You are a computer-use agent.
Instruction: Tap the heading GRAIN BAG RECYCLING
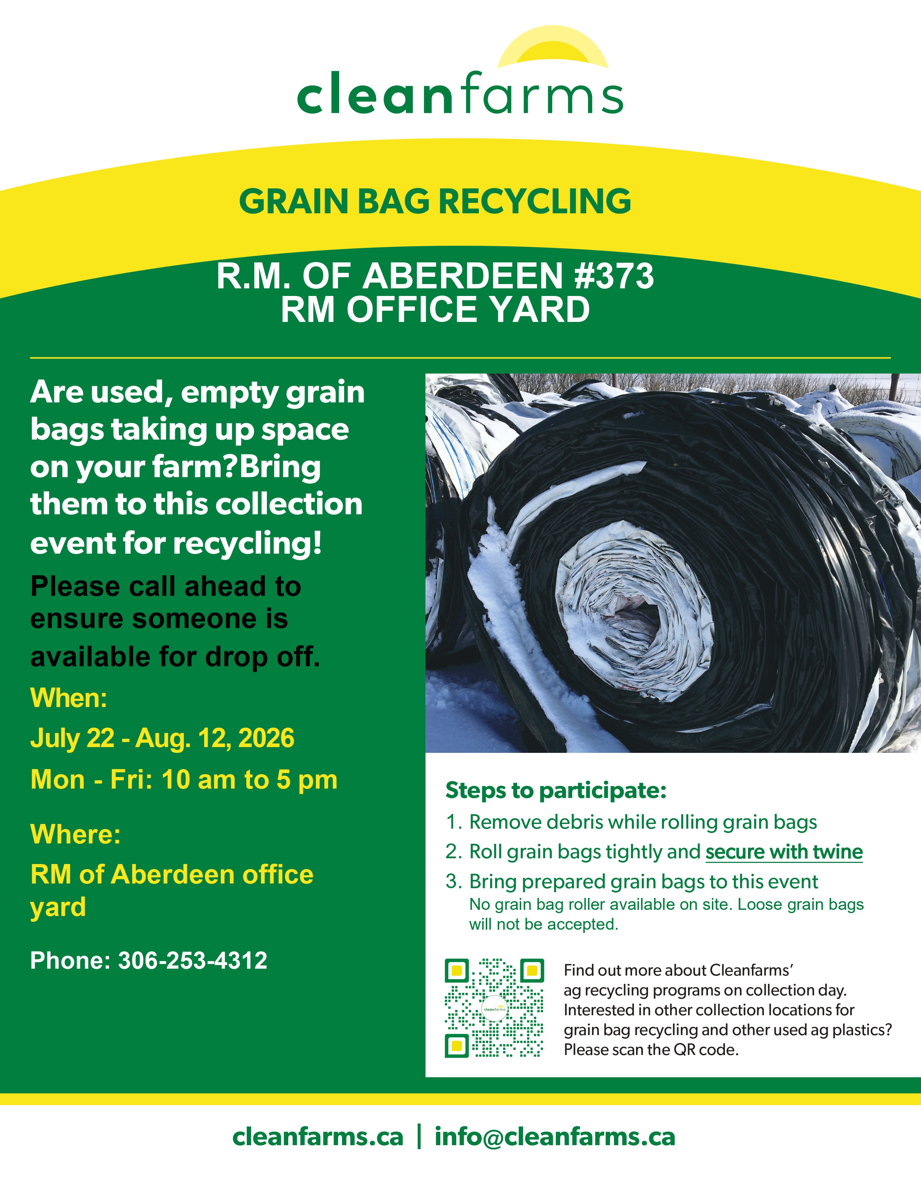(435, 201)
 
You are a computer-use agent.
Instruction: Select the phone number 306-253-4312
(193, 960)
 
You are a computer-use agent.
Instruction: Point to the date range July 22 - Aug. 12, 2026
(162, 738)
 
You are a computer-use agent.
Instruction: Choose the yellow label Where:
(75, 834)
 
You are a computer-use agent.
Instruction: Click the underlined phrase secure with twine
(784, 851)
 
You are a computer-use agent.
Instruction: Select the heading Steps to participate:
(556, 790)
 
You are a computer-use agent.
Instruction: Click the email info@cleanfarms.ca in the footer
(555, 1137)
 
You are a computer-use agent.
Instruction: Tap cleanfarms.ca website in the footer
(317, 1137)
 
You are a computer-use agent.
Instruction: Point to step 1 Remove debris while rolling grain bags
(631, 822)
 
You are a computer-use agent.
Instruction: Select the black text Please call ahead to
(166, 586)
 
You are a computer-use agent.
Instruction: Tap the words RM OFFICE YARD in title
(436, 309)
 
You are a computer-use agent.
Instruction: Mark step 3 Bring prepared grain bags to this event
(631, 881)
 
